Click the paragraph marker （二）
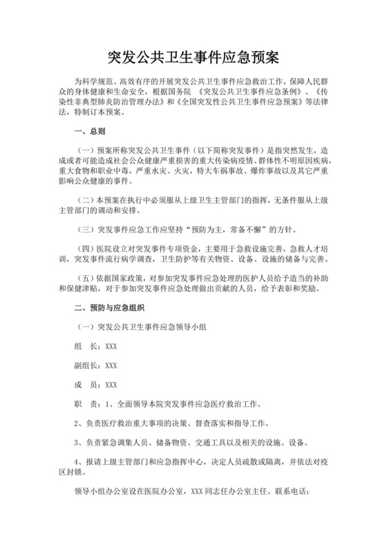coord(88,198)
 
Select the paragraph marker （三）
coord(88,228)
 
